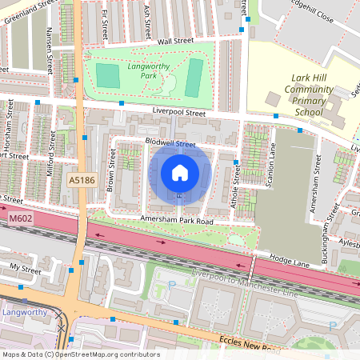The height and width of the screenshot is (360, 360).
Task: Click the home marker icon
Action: (x=180, y=172)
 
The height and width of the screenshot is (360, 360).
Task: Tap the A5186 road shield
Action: (x=82, y=181)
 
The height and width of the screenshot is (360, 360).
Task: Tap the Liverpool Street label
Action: (x=179, y=113)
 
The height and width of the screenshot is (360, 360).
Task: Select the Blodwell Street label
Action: (x=170, y=143)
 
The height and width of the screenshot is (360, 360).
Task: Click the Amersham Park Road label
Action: (x=178, y=219)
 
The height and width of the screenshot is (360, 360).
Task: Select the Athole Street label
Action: (x=235, y=186)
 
